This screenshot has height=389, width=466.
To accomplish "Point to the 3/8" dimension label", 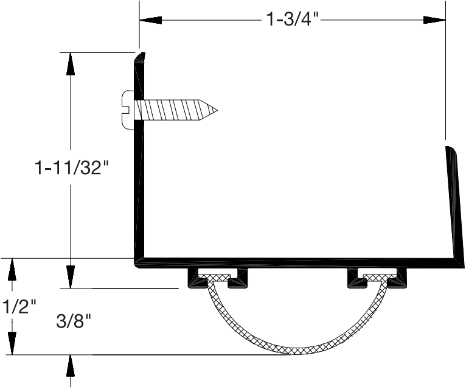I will tap(72, 320).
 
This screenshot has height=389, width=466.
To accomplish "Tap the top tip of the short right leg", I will tap(448, 148).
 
